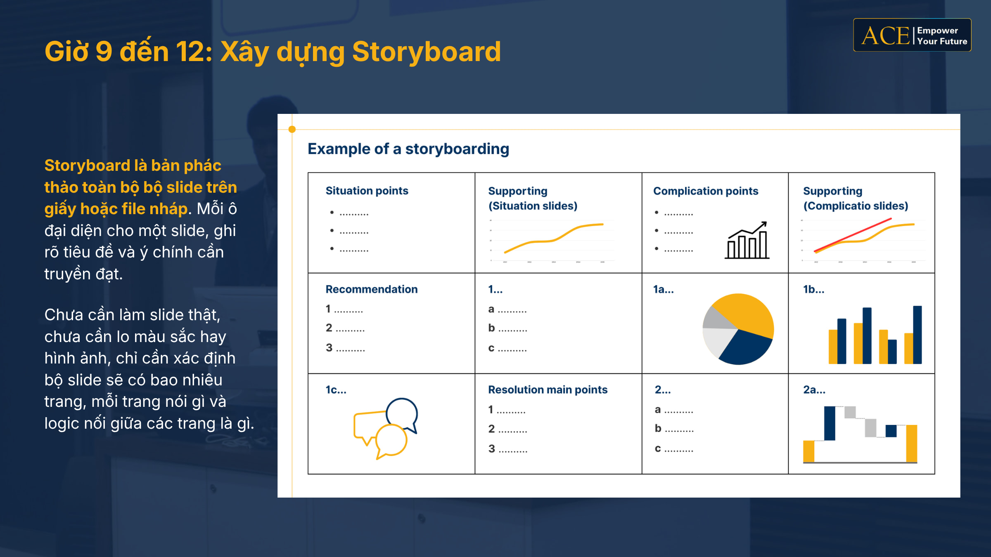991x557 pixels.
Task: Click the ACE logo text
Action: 885,35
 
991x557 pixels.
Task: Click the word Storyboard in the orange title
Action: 427,52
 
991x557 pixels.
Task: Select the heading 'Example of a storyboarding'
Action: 408,149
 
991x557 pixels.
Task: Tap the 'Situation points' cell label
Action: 367,191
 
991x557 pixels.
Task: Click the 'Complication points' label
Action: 706,191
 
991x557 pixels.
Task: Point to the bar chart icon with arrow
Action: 747,240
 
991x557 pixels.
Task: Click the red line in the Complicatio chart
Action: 853,235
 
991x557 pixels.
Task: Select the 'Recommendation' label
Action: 372,289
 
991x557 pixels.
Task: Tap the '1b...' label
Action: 813,289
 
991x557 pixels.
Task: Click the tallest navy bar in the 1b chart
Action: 918,335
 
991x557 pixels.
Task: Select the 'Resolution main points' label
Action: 548,389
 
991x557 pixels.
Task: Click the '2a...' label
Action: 814,389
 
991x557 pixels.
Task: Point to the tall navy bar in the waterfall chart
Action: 830,423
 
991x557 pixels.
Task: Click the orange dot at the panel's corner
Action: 292,129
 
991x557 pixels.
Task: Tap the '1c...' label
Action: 336,389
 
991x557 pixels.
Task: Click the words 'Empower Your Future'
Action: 942,36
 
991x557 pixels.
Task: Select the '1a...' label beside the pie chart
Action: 663,289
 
